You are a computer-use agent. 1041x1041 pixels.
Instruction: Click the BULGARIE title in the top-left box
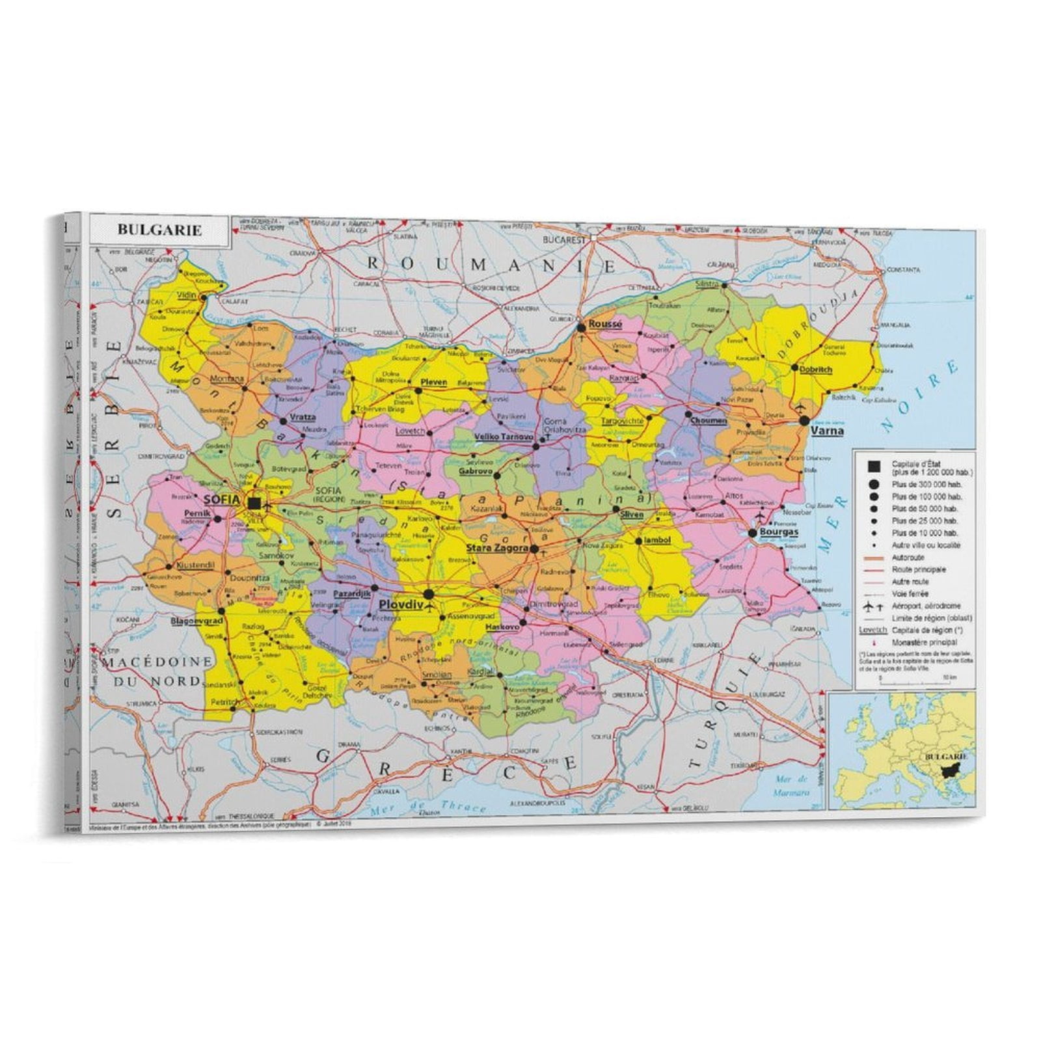159,230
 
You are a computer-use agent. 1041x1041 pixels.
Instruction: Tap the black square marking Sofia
254,503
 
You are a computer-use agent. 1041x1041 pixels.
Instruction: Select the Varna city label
827,430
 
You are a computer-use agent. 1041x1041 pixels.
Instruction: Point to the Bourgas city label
779,532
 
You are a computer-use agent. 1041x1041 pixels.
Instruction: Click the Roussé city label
605,323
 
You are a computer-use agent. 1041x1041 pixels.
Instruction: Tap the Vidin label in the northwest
186,295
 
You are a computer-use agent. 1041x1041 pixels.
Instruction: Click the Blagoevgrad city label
196,621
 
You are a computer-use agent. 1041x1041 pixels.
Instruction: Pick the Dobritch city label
815,369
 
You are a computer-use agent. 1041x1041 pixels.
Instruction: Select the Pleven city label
434,382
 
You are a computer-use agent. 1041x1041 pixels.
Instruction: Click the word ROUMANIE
492,265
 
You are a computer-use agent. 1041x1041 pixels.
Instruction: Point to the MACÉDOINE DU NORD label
159,671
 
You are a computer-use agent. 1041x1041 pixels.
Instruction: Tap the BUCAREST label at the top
564,239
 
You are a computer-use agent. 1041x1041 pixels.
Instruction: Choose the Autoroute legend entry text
908,558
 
